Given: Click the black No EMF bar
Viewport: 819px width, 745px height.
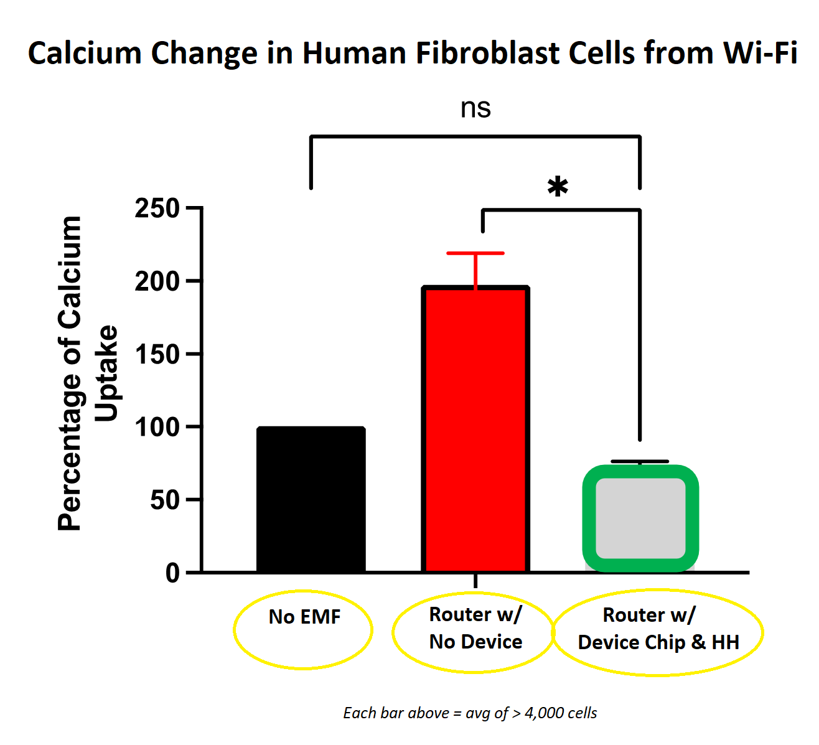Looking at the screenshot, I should click(x=311, y=499).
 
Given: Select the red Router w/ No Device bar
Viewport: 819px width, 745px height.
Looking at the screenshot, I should click(x=475, y=429).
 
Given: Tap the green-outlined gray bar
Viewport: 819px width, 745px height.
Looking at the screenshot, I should click(x=640, y=518).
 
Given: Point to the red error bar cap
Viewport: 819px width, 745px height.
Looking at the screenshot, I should click(x=475, y=253).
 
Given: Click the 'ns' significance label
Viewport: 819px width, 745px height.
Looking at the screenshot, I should click(x=475, y=108).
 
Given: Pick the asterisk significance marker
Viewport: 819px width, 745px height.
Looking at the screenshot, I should click(x=558, y=187).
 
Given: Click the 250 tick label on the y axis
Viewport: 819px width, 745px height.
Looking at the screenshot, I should click(x=157, y=209).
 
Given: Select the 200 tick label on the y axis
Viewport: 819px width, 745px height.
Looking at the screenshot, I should click(x=157, y=281).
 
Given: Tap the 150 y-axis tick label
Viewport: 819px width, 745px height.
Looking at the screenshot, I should click(x=157, y=354).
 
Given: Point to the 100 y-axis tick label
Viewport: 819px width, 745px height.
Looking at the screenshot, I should click(x=157, y=427).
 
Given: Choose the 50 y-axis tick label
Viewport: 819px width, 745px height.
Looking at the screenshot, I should click(x=164, y=500).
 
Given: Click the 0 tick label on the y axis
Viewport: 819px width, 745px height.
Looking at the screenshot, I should click(x=172, y=573).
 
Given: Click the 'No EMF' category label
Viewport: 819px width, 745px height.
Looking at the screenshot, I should click(x=304, y=617).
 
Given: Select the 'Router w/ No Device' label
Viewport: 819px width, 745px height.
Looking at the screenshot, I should click(x=475, y=628).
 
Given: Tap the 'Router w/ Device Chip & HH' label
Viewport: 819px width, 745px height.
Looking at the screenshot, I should click(x=658, y=629).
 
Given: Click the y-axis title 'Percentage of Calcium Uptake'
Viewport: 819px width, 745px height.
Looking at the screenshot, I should click(x=87, y=373).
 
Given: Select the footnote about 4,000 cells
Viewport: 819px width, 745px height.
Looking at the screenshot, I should click(x=470, y=713).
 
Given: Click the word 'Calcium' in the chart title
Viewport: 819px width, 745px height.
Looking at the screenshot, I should click(x=85, y=53).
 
